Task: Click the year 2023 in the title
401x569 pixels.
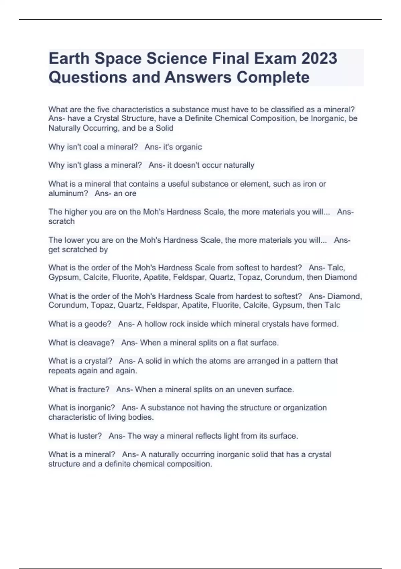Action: tap(319, 58)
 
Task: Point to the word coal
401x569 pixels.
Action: tap(98, 147)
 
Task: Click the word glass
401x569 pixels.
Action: tap(100, 165)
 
